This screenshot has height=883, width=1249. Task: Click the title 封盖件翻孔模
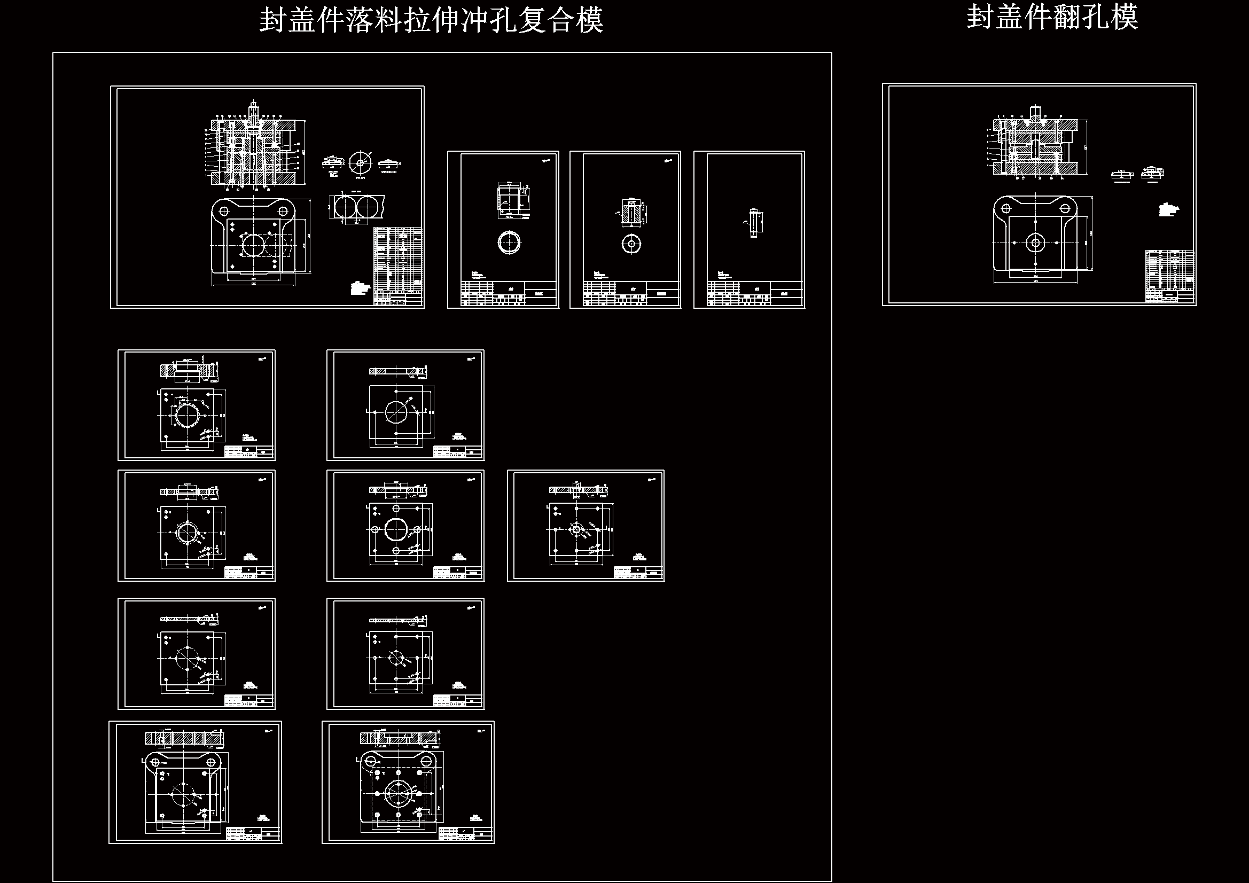tap(1052, 18)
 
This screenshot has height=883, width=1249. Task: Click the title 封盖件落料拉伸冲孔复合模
tap(431, 21)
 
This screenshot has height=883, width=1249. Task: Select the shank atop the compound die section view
tap(254, 109)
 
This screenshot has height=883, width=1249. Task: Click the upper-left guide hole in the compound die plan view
tap(223, 210)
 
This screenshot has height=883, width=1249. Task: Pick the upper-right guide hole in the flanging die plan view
tap(1065, 208)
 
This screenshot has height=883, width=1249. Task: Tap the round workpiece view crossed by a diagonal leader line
tap(360, 162)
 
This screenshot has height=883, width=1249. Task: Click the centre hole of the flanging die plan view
tap(1035, 243)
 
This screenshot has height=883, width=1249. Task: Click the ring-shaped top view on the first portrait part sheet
tap(509, 243)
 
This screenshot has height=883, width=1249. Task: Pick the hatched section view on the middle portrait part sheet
tap(631, 212)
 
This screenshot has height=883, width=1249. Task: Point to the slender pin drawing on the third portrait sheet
tap(753, 223)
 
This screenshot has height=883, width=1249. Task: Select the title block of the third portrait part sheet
tap(754, 294)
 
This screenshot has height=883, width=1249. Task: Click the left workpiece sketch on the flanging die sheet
tap(1121, 175)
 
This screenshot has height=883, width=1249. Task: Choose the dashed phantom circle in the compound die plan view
tap(278, 246)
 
